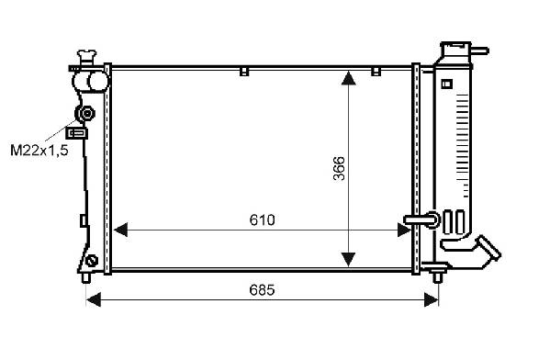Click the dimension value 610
click(262, 220)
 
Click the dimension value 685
click(262, 290)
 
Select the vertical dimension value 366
click(339, 168)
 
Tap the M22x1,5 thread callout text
click(39, 151)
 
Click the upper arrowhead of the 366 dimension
click(348, 78)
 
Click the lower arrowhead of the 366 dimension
click(348, 259)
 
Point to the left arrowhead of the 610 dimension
click(120, 230)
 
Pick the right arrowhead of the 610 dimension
click(404, 230)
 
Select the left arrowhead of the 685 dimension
click(94, 300)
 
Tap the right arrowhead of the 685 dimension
click(432, 300)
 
